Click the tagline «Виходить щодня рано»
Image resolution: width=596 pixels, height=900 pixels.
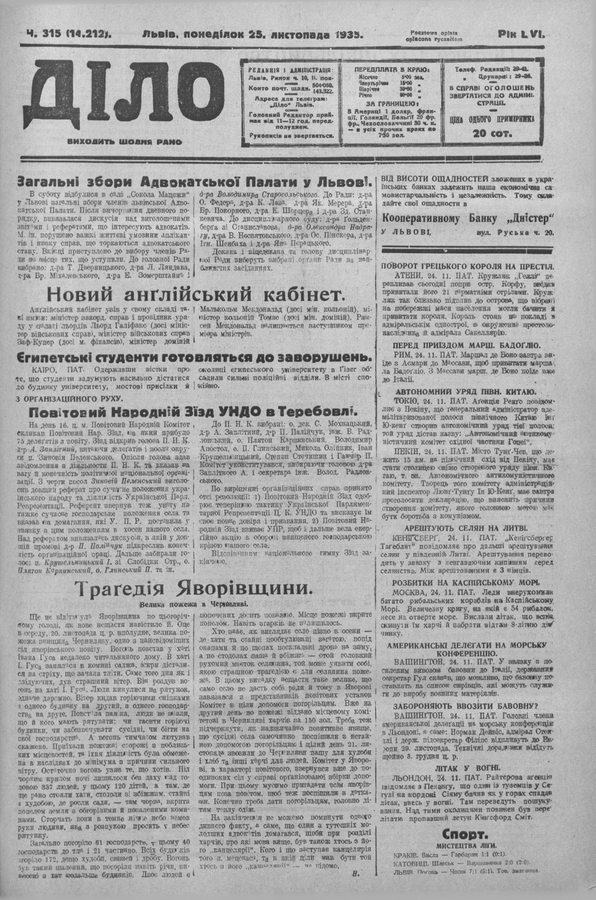[125, 142]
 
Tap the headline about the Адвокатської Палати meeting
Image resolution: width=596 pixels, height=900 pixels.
[194, 182]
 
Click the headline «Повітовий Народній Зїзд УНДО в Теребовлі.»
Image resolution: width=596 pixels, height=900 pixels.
[194, 412]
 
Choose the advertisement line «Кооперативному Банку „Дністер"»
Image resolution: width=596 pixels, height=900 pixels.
[468, 218]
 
